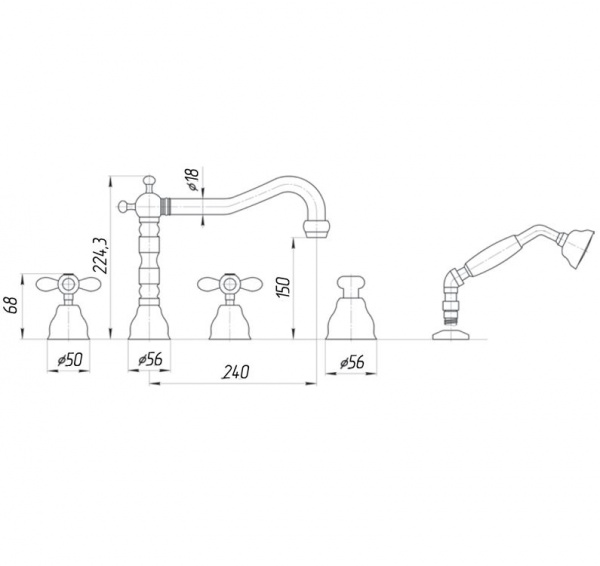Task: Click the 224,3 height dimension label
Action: coord(101,255)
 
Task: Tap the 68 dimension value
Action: coord(13,305)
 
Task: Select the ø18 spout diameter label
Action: coord(193,179)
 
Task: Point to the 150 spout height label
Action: coord(284,287)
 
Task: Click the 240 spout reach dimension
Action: coord(236,372)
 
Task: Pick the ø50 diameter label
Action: coord(70,360)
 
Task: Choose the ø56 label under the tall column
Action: coord(150,360)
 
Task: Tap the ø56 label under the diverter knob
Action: coord(352,362)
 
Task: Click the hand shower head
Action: coord(582,248)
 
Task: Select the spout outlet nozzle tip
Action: coord(316,229)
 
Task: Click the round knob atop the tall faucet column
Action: coord(149,181)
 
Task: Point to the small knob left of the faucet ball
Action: coord(123,206)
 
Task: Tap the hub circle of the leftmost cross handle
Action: coord(68,284)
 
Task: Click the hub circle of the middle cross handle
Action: coord(230,284)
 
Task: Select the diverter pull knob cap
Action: coord(351,282)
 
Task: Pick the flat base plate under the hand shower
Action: coord(450,334)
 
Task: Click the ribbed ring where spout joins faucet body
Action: coord(165,207)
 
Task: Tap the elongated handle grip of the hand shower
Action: coord(492,257)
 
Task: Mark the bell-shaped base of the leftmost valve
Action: coord(68,322)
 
